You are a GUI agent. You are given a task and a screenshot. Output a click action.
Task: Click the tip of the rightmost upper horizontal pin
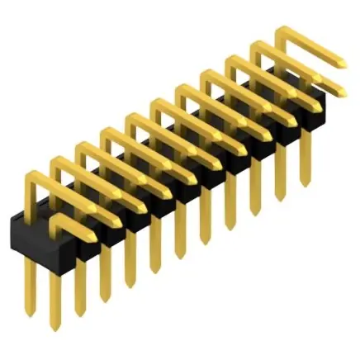pos(342,63)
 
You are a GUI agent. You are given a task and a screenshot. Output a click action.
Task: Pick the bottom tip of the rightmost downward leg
pos(305,183)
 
